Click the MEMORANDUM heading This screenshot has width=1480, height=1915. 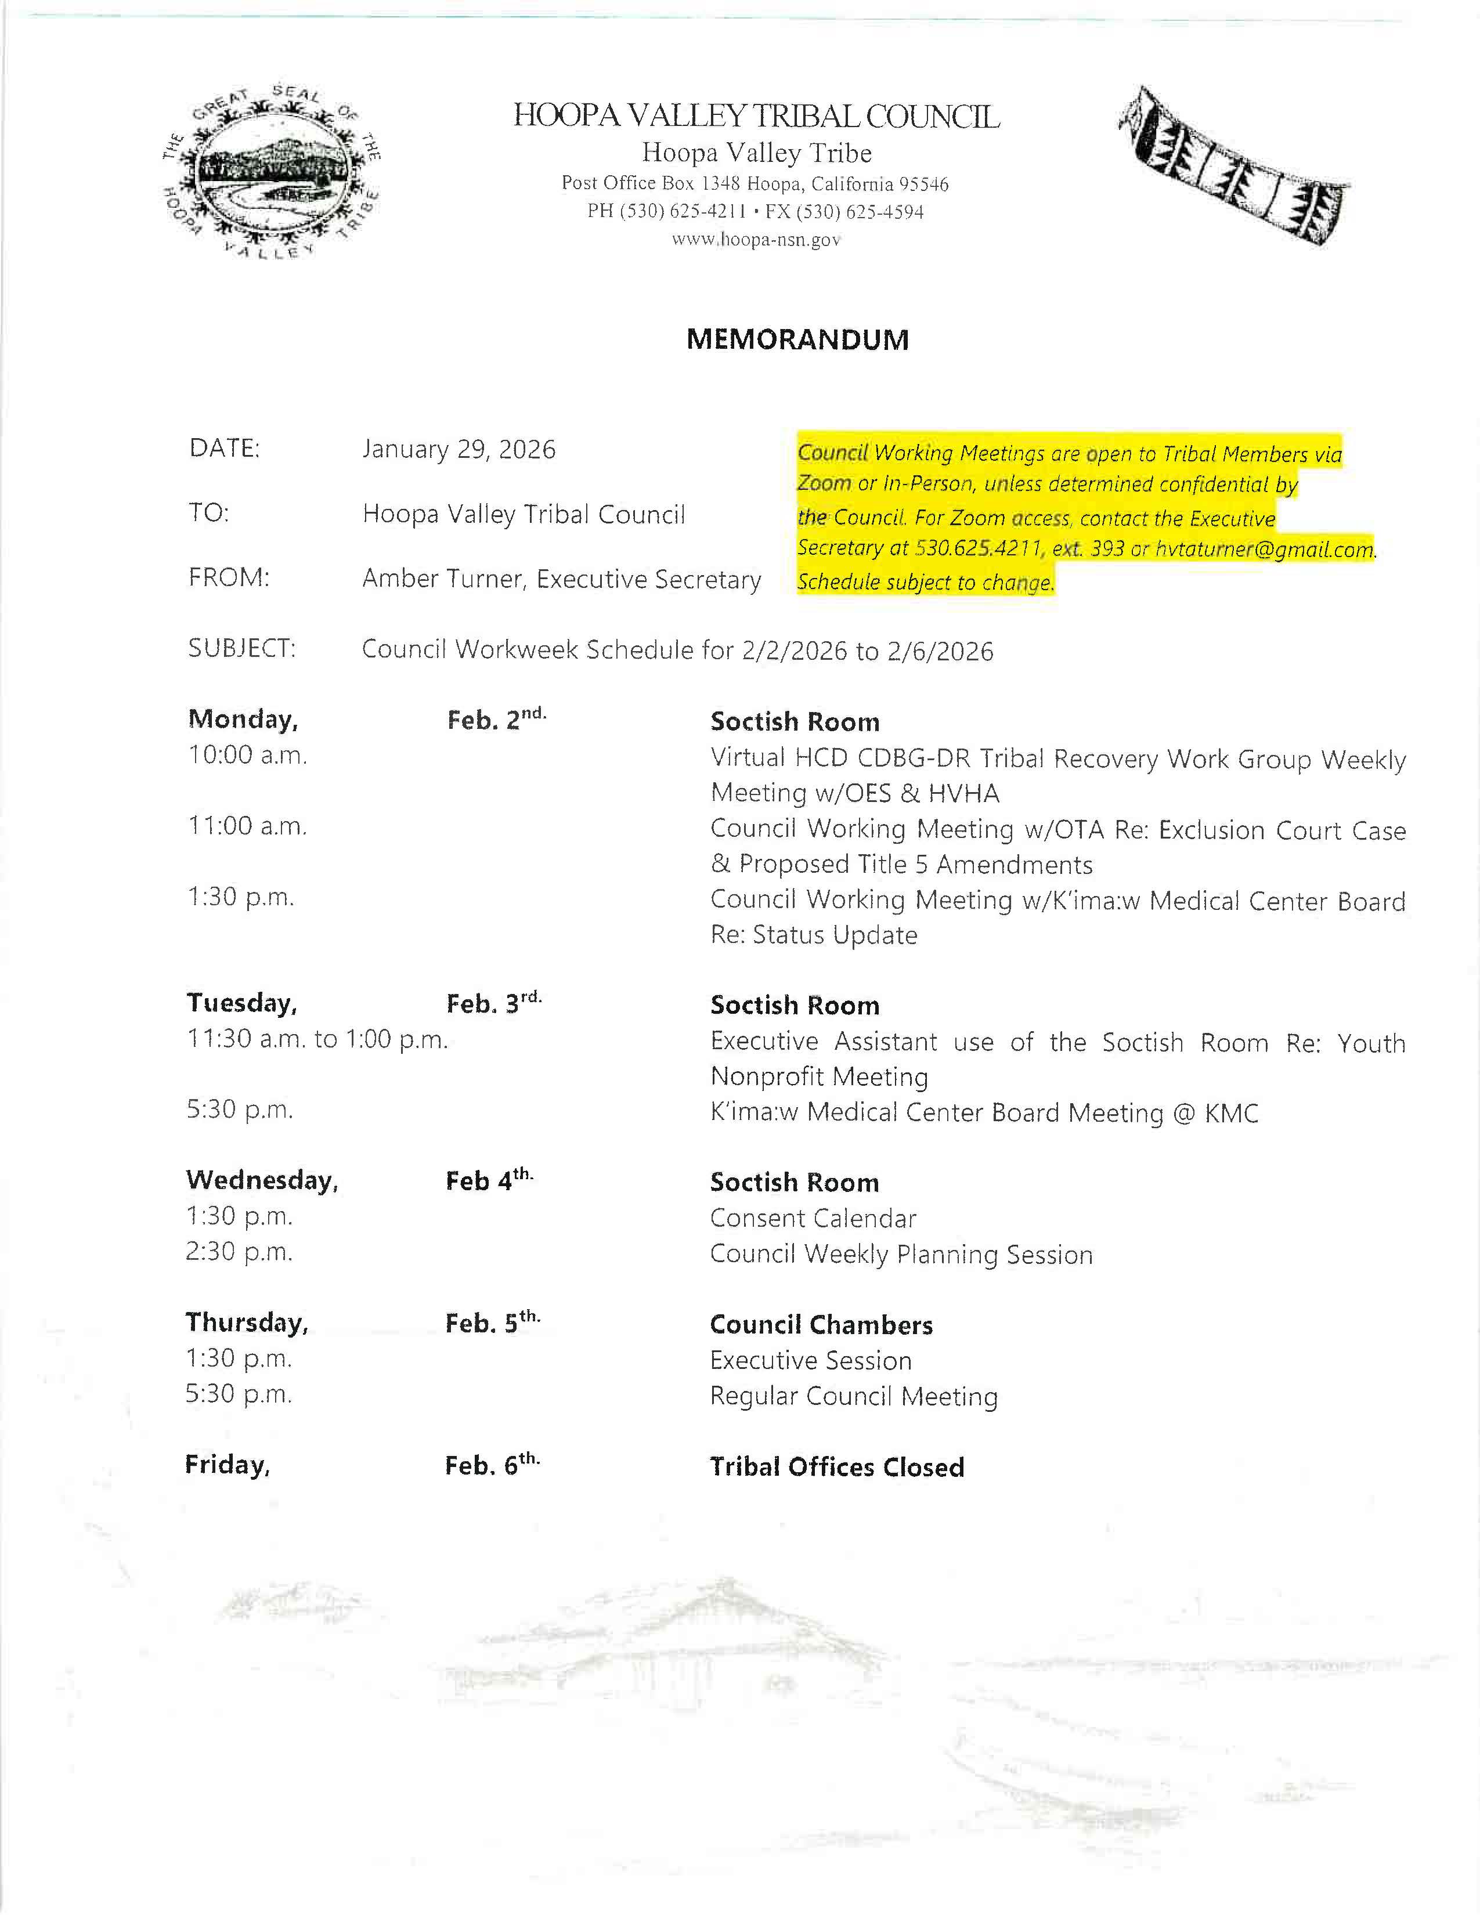(797, 339)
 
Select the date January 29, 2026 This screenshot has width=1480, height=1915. (459, 450)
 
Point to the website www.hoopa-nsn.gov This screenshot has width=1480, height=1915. (756, 239)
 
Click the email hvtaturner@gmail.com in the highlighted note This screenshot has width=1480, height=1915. (1264, 550)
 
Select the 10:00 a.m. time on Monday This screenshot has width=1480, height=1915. (247, 756)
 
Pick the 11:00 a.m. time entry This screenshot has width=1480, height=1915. (247, 826)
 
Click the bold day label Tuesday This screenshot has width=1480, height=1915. (241, 1003)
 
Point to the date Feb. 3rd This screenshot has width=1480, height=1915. (494, 1003)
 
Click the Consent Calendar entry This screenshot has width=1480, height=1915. (813, 1218)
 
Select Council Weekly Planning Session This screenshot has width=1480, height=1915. (900, 1255)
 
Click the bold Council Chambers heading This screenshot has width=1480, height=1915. (821, 1325)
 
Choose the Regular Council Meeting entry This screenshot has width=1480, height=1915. (853, 1397)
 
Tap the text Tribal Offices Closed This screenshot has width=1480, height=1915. (836, 1468)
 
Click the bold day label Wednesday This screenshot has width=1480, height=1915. (261, 1181)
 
